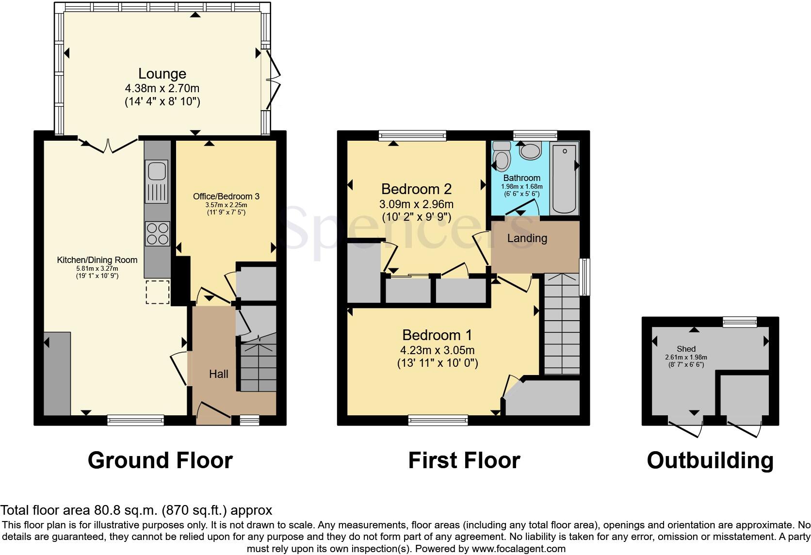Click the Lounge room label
pyautogui.click(x=162, y=74)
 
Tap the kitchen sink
pyautogui.click(x=157, y=171)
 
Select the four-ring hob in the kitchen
pyautogui.click(x=157, y=233)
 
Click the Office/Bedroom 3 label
pyautogui.click(x=226, y=196)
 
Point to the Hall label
pyautogui.click(x=218, y=374)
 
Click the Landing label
pyautogui.click(x=527, y=238)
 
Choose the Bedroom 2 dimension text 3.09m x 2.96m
pyautogui.click(x=416, y=204)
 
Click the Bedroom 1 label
pyautogui.click(x=437, y=335)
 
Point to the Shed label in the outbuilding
pyautogui.click(x=686, y=349)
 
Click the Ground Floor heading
pyautogui.click(x=160, y=460)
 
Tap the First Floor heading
pyautogui.click(x=464, y=460)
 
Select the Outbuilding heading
pyautogui.click(x=710, y=460)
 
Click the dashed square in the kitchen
pyautogui.click(x=157, y=292)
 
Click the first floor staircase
pyautogui.click(x=562, y=325)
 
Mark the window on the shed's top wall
pyautogui.click(x=739, y=322)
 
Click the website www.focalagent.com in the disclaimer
pyautogui.click(x=518, y=549)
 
